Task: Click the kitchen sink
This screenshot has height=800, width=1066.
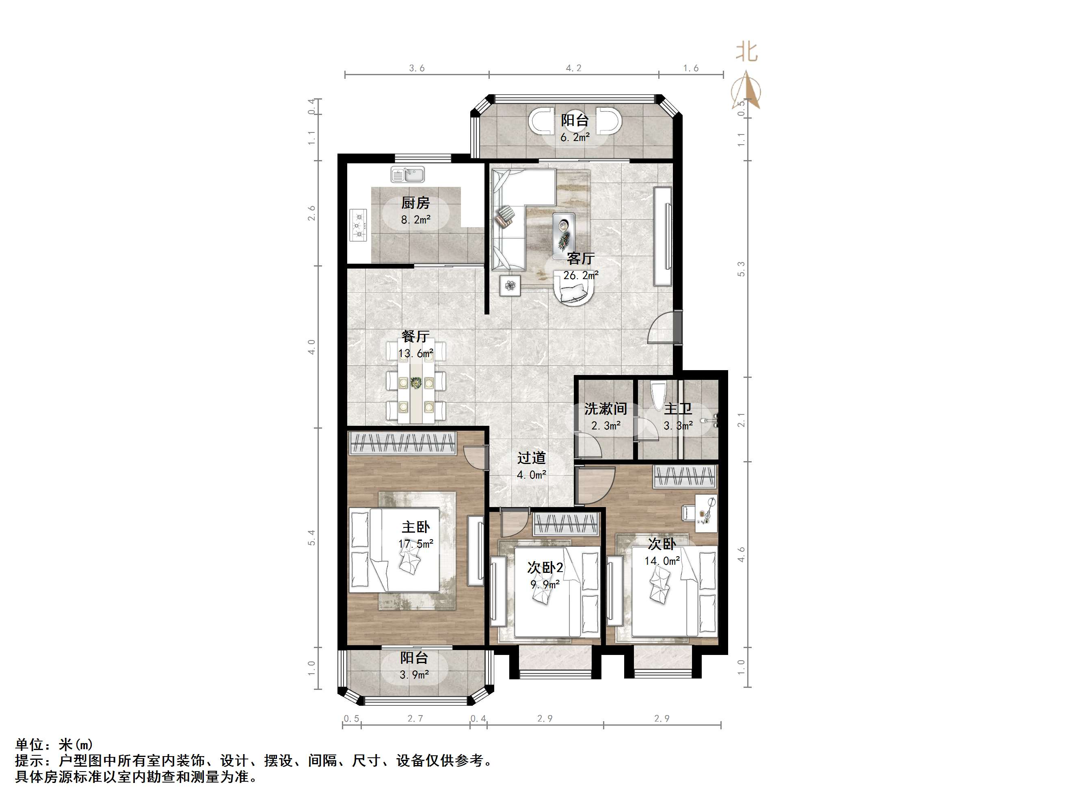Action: pyautogui.click(x=408, y=175)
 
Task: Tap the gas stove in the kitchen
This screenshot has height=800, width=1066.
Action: pyautogui.click(x=358, y=225)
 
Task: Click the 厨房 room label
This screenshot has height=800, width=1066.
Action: pyautogui.click(x=415, y=203)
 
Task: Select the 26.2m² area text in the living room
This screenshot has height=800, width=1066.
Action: pyautogui.click(x=581, y=275)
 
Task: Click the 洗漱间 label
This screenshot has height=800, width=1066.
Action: pyautogui.click(x=605, y=409)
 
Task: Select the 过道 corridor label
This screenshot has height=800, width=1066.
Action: pyautogui.click(x=532, y=457)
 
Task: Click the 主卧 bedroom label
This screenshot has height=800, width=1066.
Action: pyautogui.click(x=416, y=527)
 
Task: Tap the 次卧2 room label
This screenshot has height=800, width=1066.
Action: pyautogui.click(x=545, y=568)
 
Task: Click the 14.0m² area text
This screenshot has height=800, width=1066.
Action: pyautogui.click(x=662, y=561)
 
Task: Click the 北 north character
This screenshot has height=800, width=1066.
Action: pyautogui.click(x=746, y=52)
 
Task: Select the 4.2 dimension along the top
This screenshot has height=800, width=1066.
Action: pyautogui.click(x=573, y=68)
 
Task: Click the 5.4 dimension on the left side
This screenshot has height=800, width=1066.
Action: pyautogui.click(x=311, y=538)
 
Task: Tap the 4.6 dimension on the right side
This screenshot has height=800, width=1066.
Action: pyautogui.click(x=741, y=555)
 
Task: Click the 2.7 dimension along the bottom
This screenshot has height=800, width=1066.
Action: pyautogui.click(x=415, y=718)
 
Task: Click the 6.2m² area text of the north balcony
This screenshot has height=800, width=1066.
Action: pyautogui.click(x=575, y=137)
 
